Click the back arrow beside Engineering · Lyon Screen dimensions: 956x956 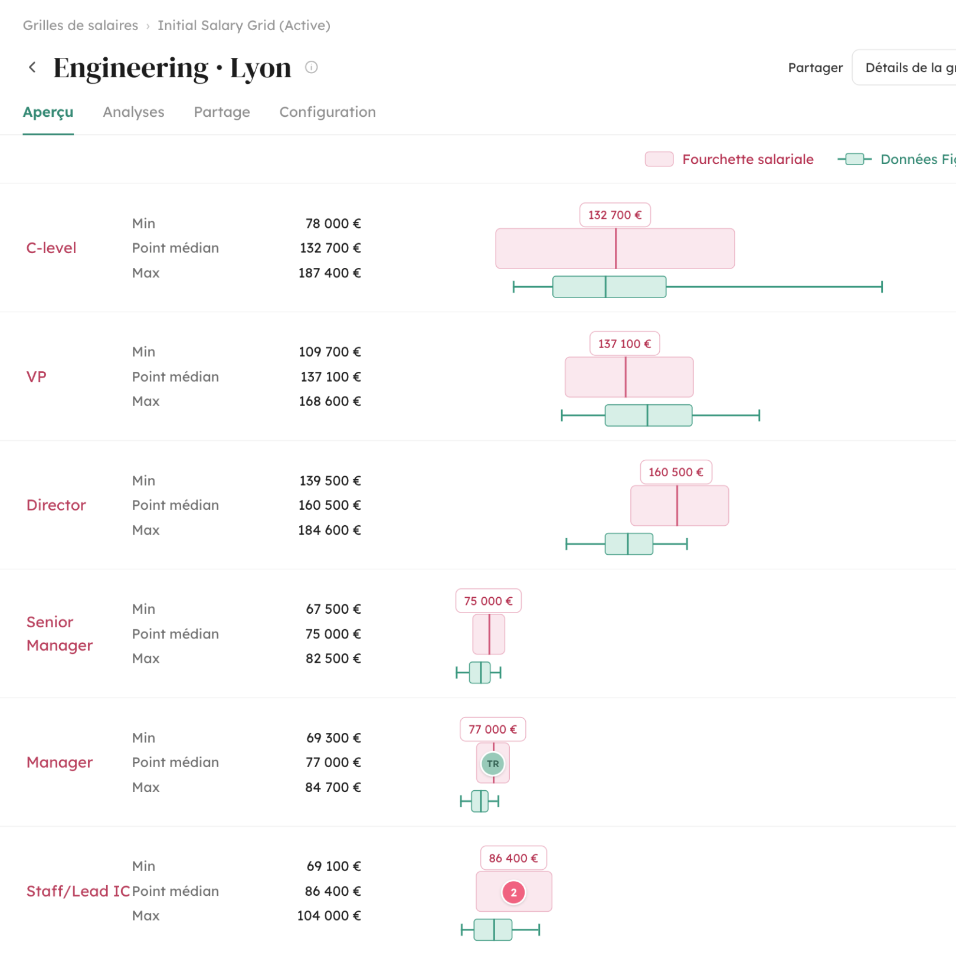[x=32, y=67]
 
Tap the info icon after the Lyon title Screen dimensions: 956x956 [x=312, y=67]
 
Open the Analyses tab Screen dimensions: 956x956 [x=133, y=112]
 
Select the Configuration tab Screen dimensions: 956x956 [x=328, y=112]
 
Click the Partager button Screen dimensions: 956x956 [x=816, y=68]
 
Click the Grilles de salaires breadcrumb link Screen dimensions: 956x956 [x=80, y=25]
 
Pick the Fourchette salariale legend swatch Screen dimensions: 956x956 [x=659, y=159]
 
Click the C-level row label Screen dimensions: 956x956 [x=51, y=248]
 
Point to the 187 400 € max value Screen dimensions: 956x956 [x=329, y=273]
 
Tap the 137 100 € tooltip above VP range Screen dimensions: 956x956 [x=625, y=343]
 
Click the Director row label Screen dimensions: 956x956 [x=56, y=505]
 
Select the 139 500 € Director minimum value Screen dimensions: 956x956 [x=330, y=481]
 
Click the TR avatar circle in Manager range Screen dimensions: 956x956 [x=493, y=764]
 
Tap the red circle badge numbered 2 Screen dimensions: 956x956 [x=513, y=892]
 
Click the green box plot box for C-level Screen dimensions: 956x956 [x=609, y=287]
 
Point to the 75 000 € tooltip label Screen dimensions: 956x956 [x=489, y=601]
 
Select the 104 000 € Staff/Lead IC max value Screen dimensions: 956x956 [x=329, y=916]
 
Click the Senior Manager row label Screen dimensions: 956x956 [x=60, y=634]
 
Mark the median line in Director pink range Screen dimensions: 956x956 [x=677, y=506]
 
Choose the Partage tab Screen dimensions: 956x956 [x=222, y=112]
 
